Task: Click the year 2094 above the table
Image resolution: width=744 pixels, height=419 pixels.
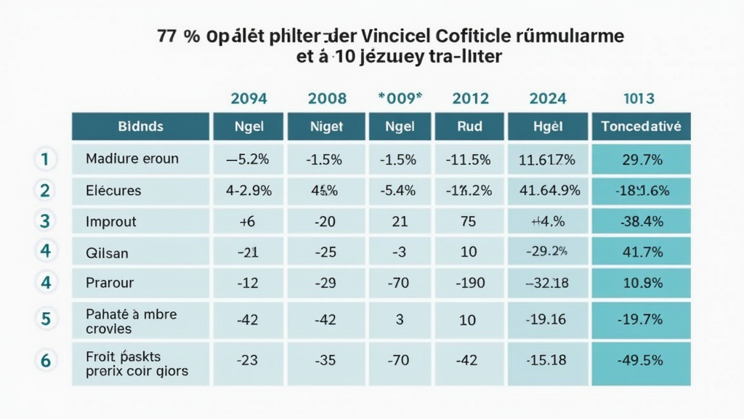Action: coord(248,98)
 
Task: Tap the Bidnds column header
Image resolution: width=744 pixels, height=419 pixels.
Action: coord(140,127)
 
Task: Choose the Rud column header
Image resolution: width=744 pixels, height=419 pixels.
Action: coord(469,127)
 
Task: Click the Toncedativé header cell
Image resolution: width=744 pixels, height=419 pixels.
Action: coord(641,127)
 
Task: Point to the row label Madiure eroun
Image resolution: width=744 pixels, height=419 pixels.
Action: coord(132,159)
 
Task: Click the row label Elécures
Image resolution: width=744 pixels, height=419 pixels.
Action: coord(113,191)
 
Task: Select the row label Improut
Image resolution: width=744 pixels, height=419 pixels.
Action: coord(110,222)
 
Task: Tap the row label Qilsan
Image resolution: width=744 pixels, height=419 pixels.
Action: coord(107,252)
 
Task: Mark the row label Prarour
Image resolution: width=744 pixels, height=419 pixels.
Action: coord(109,283)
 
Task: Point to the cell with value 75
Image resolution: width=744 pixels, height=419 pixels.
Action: coord(469,222)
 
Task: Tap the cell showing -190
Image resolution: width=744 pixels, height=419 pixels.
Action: coord(469,283)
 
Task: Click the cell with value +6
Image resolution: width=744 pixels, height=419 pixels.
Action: coord(248,222)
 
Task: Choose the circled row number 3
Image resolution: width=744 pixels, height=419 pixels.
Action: coord(45,221)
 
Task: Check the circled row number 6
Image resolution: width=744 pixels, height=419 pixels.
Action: coord(45,360)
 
